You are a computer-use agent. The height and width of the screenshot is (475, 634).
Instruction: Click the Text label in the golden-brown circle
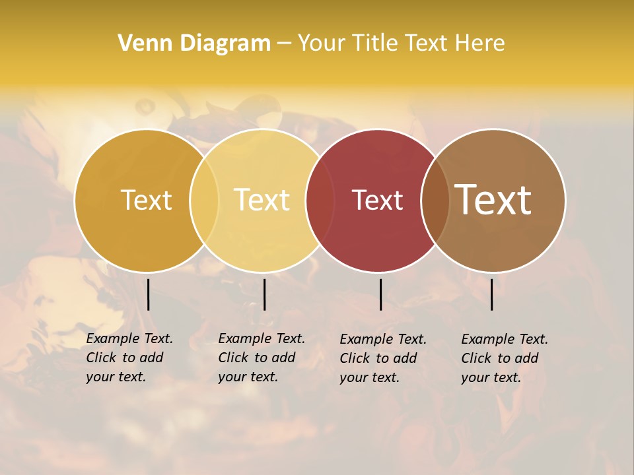point(146,200)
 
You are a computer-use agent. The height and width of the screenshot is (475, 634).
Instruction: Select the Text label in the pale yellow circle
point(262,200)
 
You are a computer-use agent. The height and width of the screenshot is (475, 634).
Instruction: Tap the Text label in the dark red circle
point(377,200)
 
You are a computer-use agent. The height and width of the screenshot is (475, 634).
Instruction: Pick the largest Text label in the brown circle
point(493,200)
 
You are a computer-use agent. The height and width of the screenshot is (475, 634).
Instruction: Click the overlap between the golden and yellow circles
point(204,200)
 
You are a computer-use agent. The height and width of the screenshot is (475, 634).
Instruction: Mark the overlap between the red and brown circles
point(435,200)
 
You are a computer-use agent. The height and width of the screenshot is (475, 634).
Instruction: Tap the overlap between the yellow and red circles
point(320,200)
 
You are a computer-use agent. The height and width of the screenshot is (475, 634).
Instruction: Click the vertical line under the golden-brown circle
point(148,294)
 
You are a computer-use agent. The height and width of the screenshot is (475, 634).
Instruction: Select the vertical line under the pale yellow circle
point(264,294)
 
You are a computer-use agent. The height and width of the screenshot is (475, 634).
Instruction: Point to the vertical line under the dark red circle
point(380,294)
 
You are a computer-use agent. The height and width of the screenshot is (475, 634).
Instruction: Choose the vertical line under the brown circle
point(491,294)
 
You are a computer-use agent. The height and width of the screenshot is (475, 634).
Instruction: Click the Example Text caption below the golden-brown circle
point(129,358)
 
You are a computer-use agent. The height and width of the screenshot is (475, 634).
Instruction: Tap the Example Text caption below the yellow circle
point(261,358)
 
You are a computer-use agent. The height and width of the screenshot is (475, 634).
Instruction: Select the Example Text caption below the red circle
point(382,358)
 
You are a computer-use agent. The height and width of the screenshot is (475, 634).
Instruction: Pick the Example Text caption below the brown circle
point(504,358)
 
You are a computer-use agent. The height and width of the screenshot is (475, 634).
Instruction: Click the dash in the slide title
point(284,44)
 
